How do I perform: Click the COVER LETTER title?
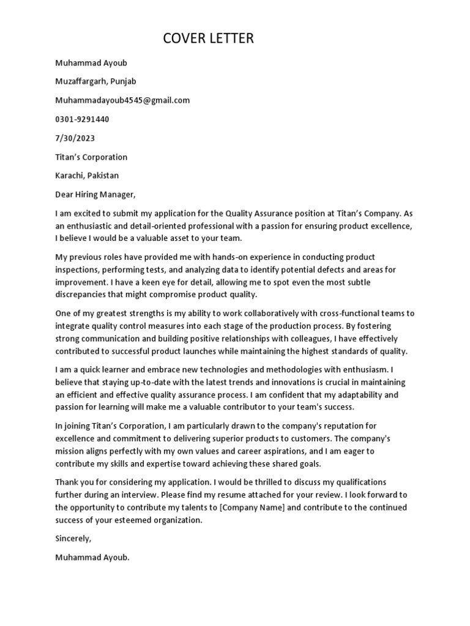click(208, 39)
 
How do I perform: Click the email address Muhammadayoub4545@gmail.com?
click(122, 100)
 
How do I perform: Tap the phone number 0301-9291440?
click(82, 119)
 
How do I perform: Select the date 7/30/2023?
click(75, 138)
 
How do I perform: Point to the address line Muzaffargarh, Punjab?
click(95, 81)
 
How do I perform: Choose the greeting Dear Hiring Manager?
click(94, 195)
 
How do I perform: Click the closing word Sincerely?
click(73, 539)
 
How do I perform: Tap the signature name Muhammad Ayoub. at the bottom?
click(92, 558)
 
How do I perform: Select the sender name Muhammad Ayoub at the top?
click(91, 62)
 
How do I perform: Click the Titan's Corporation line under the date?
click(91, 157)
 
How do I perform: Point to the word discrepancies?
click(83, 295)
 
